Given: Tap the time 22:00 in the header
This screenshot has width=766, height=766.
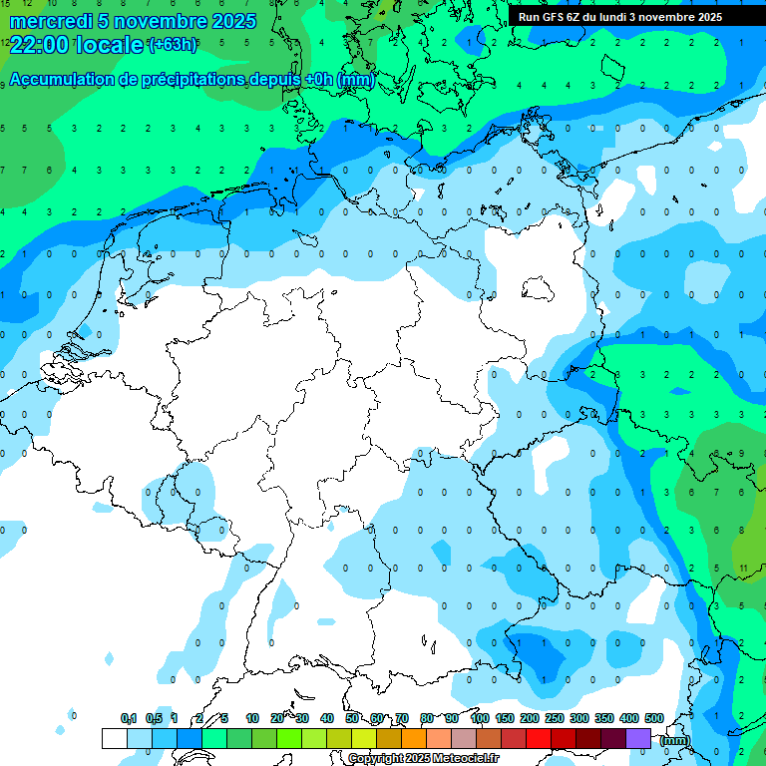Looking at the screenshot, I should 40,45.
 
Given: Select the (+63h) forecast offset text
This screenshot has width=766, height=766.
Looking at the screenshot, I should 173,45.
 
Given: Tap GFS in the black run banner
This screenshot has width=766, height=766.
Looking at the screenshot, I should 555,17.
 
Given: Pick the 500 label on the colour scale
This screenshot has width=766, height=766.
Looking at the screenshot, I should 654,718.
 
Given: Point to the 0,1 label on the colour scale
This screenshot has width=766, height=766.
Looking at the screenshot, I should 129,718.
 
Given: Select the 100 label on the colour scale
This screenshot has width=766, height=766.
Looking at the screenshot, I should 480,718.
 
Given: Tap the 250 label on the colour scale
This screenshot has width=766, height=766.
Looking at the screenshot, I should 555,718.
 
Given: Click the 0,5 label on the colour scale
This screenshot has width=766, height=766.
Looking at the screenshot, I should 154,718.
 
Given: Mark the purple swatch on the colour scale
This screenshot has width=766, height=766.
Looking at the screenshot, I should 638,738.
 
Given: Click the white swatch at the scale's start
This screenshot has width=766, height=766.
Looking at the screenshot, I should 115,738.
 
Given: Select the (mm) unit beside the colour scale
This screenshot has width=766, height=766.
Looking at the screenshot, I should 675,740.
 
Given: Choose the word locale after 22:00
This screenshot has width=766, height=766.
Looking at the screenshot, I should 110,45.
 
